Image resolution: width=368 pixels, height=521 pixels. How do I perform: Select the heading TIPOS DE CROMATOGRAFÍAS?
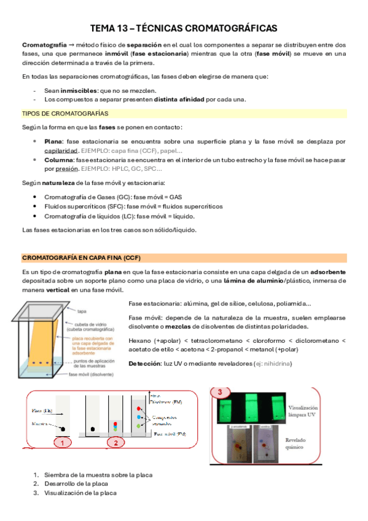click(65, 114)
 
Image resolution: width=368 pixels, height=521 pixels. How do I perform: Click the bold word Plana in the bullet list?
click(53, 141)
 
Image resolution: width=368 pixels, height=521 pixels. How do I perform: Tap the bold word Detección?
click(146, 364)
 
